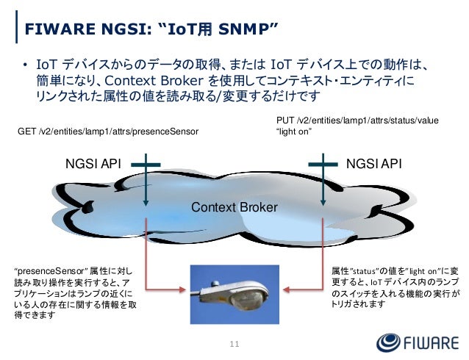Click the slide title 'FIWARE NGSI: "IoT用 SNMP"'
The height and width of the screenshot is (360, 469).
(x=151, y=29)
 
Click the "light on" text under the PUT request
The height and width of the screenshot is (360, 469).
(x=293, y=132)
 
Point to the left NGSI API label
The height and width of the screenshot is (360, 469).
(x=95, y=165)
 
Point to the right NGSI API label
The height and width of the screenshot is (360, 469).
(x=375, y=165)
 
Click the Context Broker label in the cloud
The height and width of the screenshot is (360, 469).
(x=234, y=209)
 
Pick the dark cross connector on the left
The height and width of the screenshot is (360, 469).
(x=148, y=165)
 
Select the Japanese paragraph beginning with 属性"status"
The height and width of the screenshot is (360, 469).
(x=395, y=287)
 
